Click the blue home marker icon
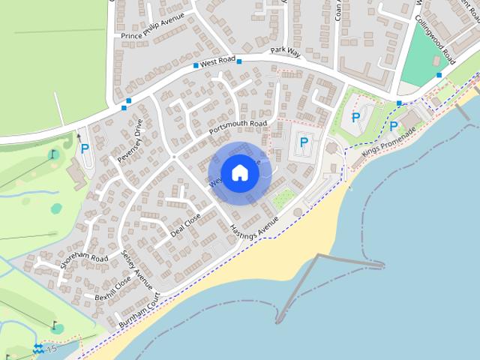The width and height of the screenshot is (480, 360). [x=239, y=172]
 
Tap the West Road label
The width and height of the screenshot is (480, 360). [x=218, y=60]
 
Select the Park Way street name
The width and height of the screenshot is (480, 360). [x=286, y=52]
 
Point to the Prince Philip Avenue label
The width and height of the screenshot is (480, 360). [x=153, y=34]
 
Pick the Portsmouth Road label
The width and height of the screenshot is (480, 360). [x=238, y=127]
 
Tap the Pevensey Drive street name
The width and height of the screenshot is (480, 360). [x=130, y=141]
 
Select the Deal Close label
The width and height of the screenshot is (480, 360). [x=185, y=224]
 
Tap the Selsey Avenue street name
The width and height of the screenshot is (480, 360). [x=136, y=270]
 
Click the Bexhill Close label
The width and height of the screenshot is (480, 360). [x=113, y=288]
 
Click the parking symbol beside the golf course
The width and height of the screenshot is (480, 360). [x=85, y=148]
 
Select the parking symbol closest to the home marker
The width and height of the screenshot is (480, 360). [x=304, y=142]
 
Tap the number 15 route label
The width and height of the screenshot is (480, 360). [x=51, y=349]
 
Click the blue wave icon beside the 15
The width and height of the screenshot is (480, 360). [x=38, y=349]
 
